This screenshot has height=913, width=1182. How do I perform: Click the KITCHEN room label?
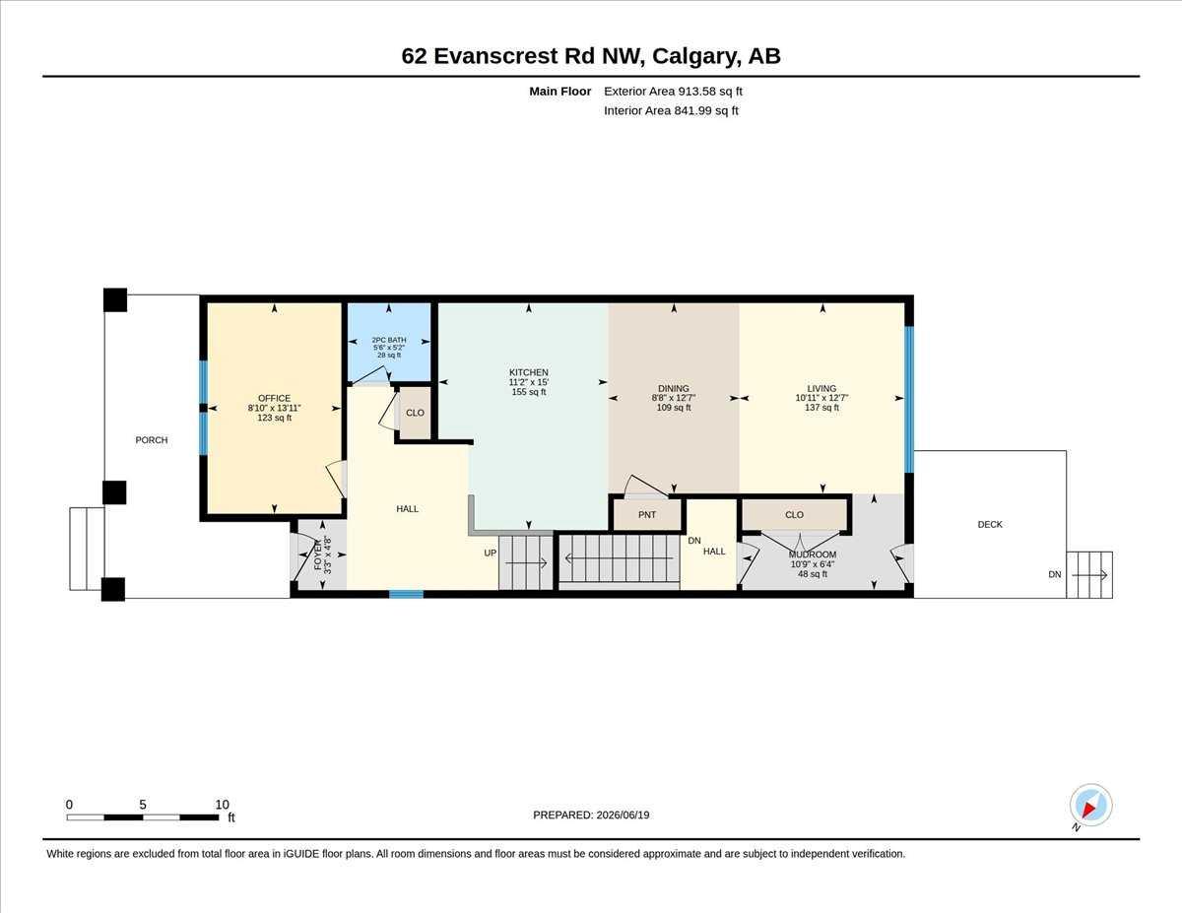[x=528, y=372]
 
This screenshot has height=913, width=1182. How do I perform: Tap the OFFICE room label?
[x=274, y=399]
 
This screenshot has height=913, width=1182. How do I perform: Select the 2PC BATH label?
[x=389, y=340]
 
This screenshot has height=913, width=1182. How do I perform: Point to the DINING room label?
[x=674, y=389]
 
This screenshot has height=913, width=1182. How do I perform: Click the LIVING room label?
[x=821, y=389]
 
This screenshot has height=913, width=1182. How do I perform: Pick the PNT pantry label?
[x=647, y=515]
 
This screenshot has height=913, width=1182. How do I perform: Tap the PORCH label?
[x=152, y=440]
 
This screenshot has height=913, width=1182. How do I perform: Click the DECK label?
[x=990, y=524]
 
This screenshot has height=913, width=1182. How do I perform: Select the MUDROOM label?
[x=812, y=554]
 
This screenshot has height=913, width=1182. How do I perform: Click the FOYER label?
[x=318, y=554]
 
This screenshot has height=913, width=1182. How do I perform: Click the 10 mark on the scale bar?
[x=222, y=805]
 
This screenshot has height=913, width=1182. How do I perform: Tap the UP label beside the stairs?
[x=491, y=554]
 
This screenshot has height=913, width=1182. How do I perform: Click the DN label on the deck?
[x=1055, y=574]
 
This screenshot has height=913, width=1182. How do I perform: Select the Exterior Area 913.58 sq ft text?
[x=673, y=92]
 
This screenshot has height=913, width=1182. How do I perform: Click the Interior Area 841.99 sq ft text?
[x=671, y=111]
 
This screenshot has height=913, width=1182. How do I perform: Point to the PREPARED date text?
[x=591, y=815]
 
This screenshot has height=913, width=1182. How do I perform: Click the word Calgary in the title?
[x=696, y=57]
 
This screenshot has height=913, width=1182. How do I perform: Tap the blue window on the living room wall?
[x=909, y=399]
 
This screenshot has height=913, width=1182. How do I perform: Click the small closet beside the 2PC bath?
[x=415, y=413]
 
